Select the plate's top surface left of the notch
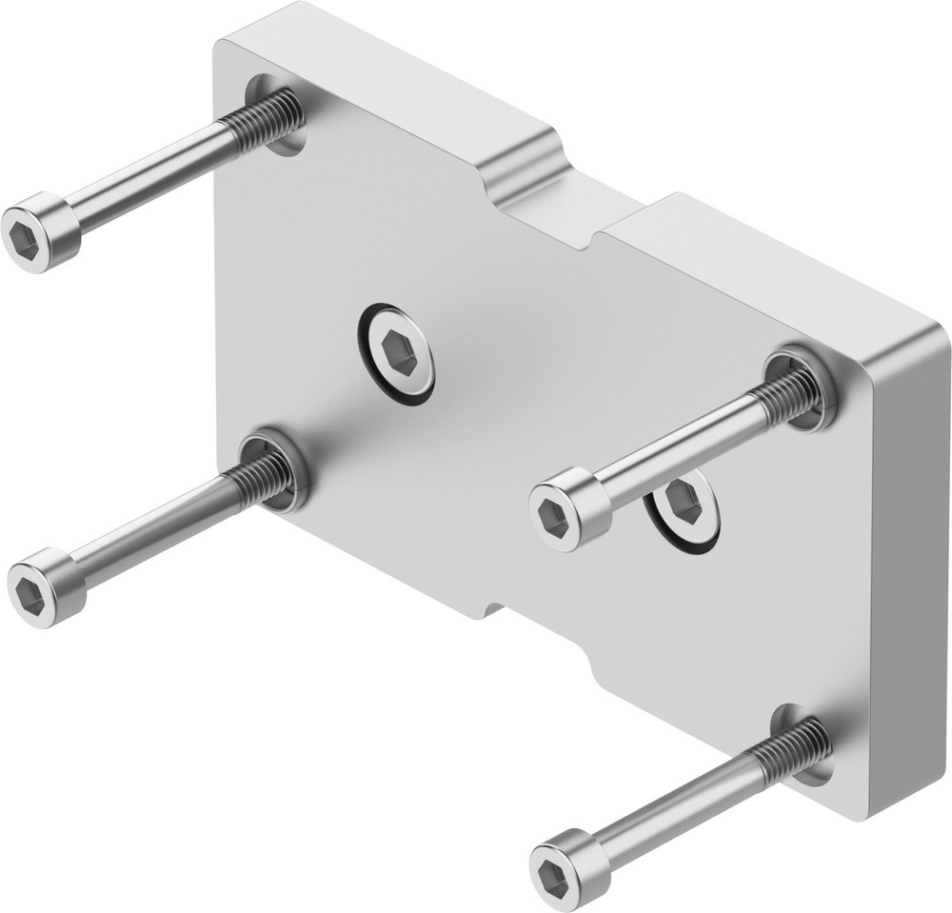[x=381, y=86]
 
